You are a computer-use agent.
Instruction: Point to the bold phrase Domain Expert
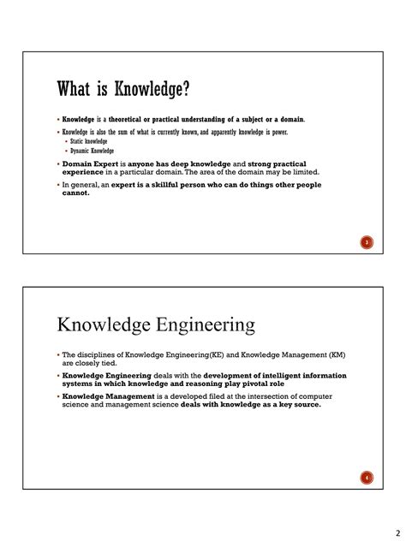(x=92, y=163)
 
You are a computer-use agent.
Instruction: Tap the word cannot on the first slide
(x=75, y=193)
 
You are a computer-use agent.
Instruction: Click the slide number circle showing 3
(x=366, y=243)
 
